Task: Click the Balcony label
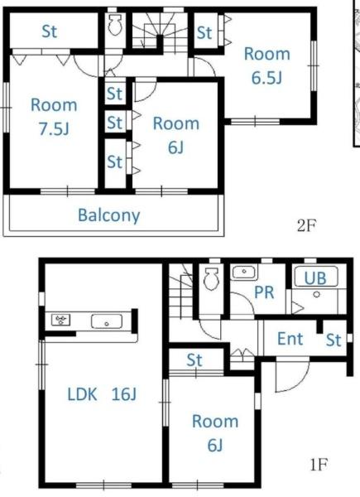tap(108, 216)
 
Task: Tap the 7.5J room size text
tap(54, 129)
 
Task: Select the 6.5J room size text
tap(266, 78)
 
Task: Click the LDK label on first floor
tap(82, 394)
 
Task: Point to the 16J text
tap(124, 394)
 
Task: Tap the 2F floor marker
tap(306, 225)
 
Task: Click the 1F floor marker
tap(318, 465)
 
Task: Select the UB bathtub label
tap(315, 278)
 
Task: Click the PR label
tap(264, 292)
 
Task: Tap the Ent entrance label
tap(290, 339)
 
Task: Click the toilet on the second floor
tap(115, 24)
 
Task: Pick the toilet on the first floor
tap(211, 279)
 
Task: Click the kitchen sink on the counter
tap(107, 321)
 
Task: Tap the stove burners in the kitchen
tap(60, 320)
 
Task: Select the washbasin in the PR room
tap(244, 273)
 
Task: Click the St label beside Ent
tap(334, 340)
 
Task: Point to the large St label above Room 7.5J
tap(50, 31)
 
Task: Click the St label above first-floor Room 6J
tap(194, 360)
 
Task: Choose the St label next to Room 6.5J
tap(204, 32)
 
